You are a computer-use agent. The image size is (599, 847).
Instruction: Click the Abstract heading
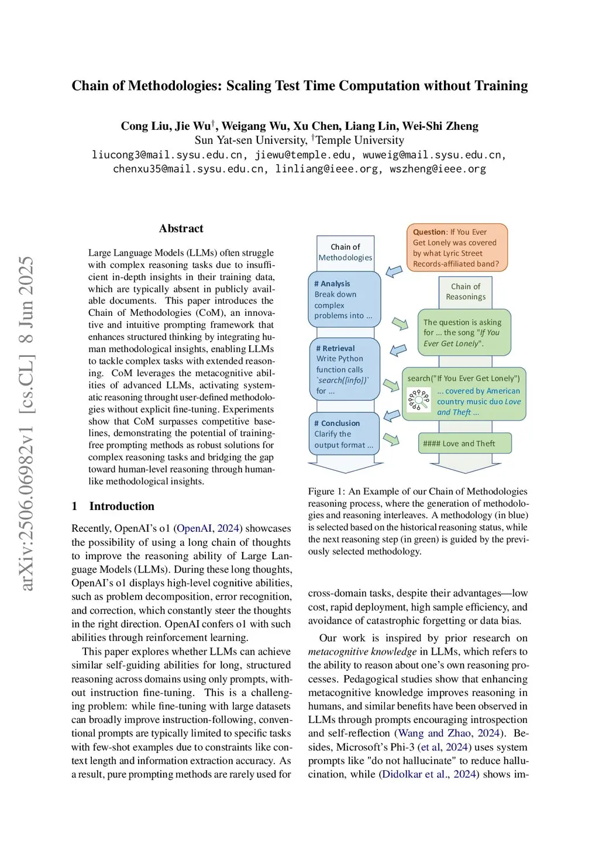(x=181, y=229)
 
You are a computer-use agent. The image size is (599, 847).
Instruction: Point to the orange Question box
(x=456, y=248)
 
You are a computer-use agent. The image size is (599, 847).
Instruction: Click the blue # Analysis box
(x=344, y=299)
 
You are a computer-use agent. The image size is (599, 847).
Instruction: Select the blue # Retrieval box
(x=344, y=369)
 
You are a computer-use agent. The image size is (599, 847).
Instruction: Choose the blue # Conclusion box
(x=344, y=434)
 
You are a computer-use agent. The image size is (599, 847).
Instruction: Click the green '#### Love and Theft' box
(x=465, y=443)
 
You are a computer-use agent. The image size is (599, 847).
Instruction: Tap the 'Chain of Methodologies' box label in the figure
(x=345, y=252)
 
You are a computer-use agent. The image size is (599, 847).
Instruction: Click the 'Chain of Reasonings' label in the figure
(x=466, y=291)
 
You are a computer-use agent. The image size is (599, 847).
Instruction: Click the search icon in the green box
(x=419, y=401)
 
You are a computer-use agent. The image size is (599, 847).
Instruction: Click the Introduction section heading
(x=122, y=507)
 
